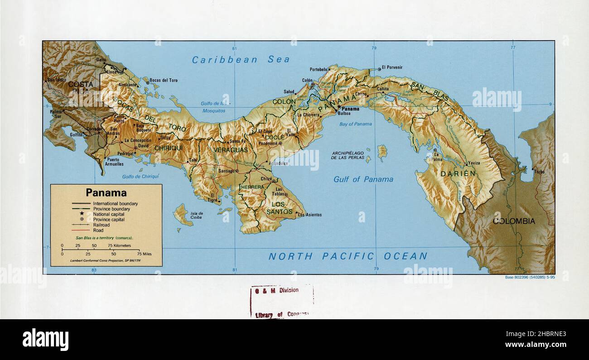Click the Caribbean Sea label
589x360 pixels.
(x=241, y=60)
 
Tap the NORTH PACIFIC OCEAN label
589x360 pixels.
(x=348, y=256)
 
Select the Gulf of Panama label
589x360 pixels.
(x=363, y=179)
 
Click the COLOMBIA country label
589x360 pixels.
(x=514, y=221)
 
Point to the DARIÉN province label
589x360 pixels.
(x=459, y=173)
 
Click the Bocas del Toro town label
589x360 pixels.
(x=164, y=80)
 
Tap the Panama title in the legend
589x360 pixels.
(x=106, y=193)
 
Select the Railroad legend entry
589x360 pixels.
(x=101, y=225)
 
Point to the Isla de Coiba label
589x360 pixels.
(x=197, y=216)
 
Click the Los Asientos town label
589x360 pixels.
(x=310, y=215)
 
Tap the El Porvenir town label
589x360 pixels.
(x=392, y=67)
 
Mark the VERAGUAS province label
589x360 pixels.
(x=231, y=150)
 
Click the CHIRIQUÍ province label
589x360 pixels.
(x=168, y=148)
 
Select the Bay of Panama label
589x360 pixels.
(x=355, y=124)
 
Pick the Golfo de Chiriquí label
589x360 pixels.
(x=140, y=177)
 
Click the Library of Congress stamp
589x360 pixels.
(x=281, y=302)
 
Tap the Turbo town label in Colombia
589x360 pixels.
(x=539, y=172)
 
